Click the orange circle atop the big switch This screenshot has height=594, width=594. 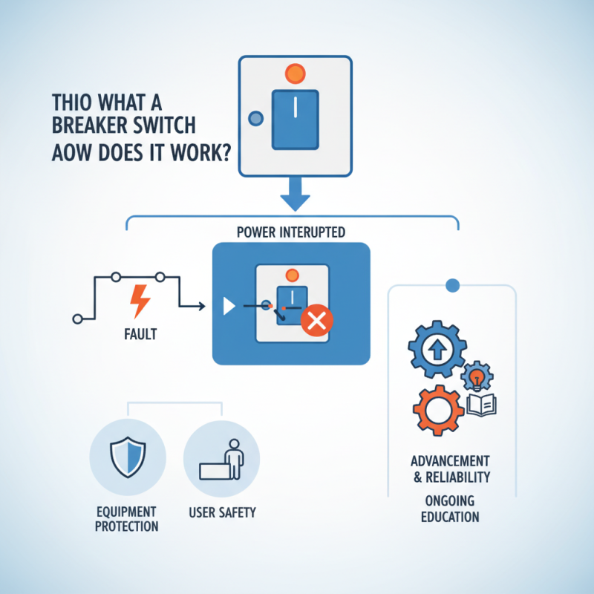click(296, 74)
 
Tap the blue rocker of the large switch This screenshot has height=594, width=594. click(295, 117)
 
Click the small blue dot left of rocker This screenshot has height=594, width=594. click(256, 117)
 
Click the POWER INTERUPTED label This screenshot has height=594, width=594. click(290, 232)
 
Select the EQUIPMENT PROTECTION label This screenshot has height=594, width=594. click(127, 519)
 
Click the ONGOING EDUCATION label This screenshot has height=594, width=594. click(450, 508)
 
